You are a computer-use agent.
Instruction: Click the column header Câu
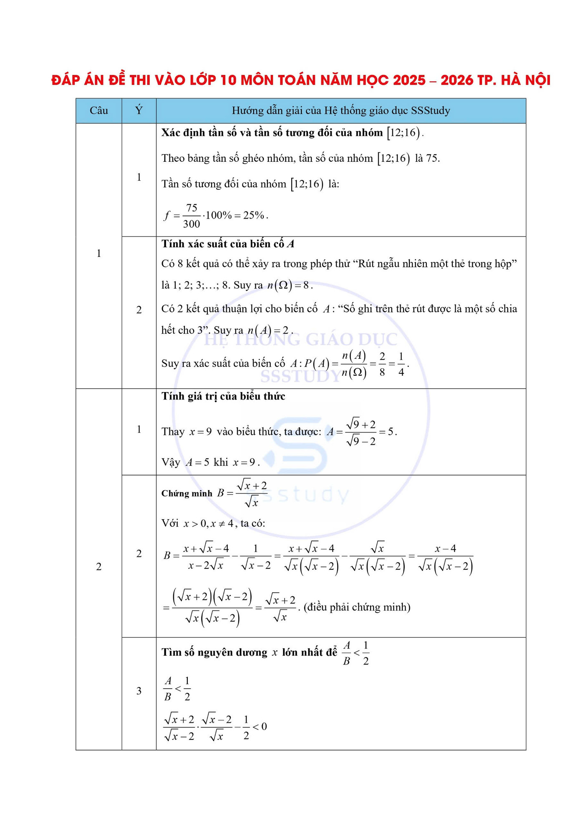click(x=98, y=111)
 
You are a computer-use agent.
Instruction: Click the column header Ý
click(x=139, y=111)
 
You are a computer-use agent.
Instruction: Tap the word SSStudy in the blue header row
click(x=430, y=111)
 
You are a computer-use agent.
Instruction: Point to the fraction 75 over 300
click(x=192, y=216)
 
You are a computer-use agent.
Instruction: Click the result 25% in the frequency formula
click(x=254, y=215)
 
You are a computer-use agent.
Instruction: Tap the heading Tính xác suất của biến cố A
click(x=228, y=244)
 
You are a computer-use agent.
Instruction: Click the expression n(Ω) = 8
click(x=289, y=285)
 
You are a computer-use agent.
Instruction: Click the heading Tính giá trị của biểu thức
click(x=223, y=396)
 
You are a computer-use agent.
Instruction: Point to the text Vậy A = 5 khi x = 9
click(x=210, y=462)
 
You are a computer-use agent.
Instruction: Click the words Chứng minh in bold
click(x=187, y=493)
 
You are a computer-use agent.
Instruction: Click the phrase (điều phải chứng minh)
click(x=357, y=607)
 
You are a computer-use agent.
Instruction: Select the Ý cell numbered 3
click(x=139, y=691)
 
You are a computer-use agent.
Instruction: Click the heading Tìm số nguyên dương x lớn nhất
click(x=249, y=652)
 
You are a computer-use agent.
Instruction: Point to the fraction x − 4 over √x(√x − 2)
click(x=445, y=557)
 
